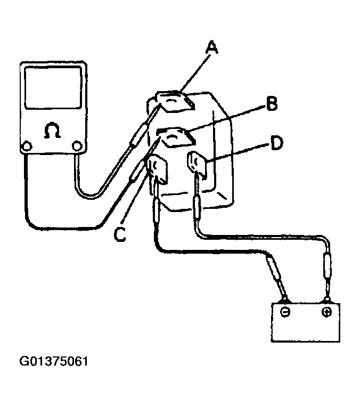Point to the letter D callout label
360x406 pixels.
click(x=276, y=143)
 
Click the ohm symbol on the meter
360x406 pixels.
click(x=52, y=131)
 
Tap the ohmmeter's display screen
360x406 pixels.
click(x=52, y=94)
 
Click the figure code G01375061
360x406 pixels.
click(x=54, y=362)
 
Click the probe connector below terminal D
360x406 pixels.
click(x=196, y=205)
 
